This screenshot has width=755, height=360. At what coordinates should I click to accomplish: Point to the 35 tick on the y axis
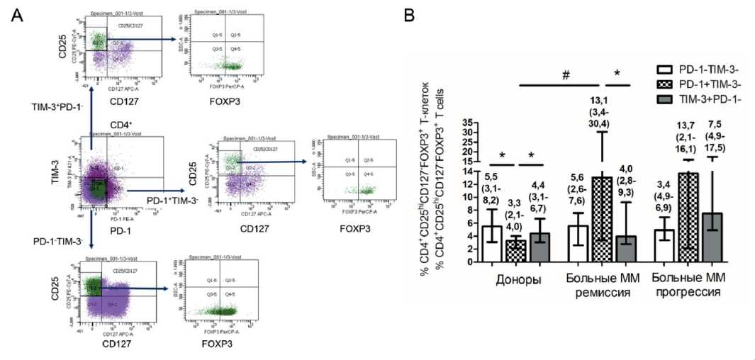click(x=466, y=122)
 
